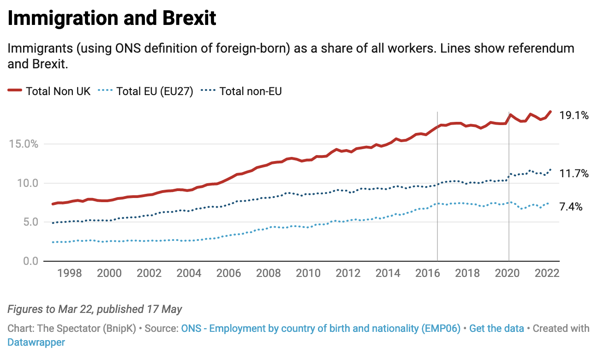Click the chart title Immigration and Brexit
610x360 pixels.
pos(112,18)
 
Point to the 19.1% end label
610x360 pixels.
pos(574,116)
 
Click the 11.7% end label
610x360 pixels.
pos(574,174)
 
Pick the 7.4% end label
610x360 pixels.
pos(571,207)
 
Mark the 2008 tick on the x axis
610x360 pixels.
pos(268,273)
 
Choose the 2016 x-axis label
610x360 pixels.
pos(427,273)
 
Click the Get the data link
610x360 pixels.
pos(496,329)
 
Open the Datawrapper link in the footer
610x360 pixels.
pos(36,342)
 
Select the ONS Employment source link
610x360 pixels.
pos(321,329)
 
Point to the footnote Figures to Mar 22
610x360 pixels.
pos(95,309)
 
